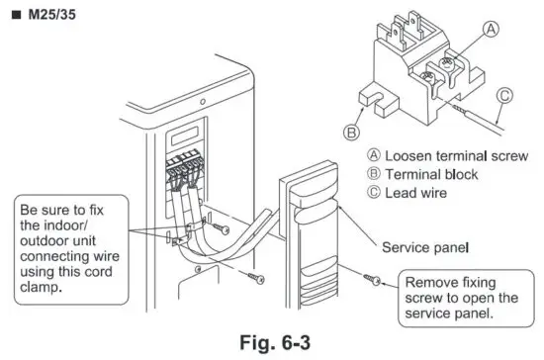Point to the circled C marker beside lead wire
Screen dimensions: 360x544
pyautogui.click(x=505, y=97)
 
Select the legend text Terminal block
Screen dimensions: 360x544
pyautogui.click(x=425, y=174)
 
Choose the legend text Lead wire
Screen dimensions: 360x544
pyautogui.click(x=414, y=193)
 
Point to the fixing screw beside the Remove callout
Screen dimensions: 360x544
pyautogui.click(x=371, y=282)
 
